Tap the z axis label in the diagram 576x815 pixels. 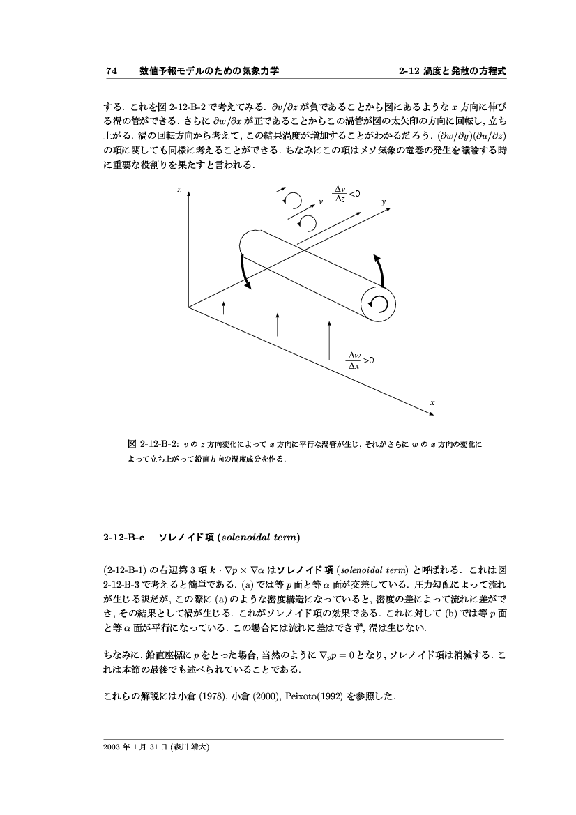(x=179, y=190)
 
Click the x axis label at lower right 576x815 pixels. (x=432, y=403)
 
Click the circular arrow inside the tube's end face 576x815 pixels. (x=378, y=303)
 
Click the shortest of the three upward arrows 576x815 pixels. (x=223, y=308)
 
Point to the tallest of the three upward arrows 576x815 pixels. (x=329, y=340)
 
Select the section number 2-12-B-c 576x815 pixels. (x=123, y=537)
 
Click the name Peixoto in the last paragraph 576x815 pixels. (x=301, y=694)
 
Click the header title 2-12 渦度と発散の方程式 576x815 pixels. (x=452, y=71)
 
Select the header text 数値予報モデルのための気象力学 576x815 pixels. (x=209, y=71)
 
